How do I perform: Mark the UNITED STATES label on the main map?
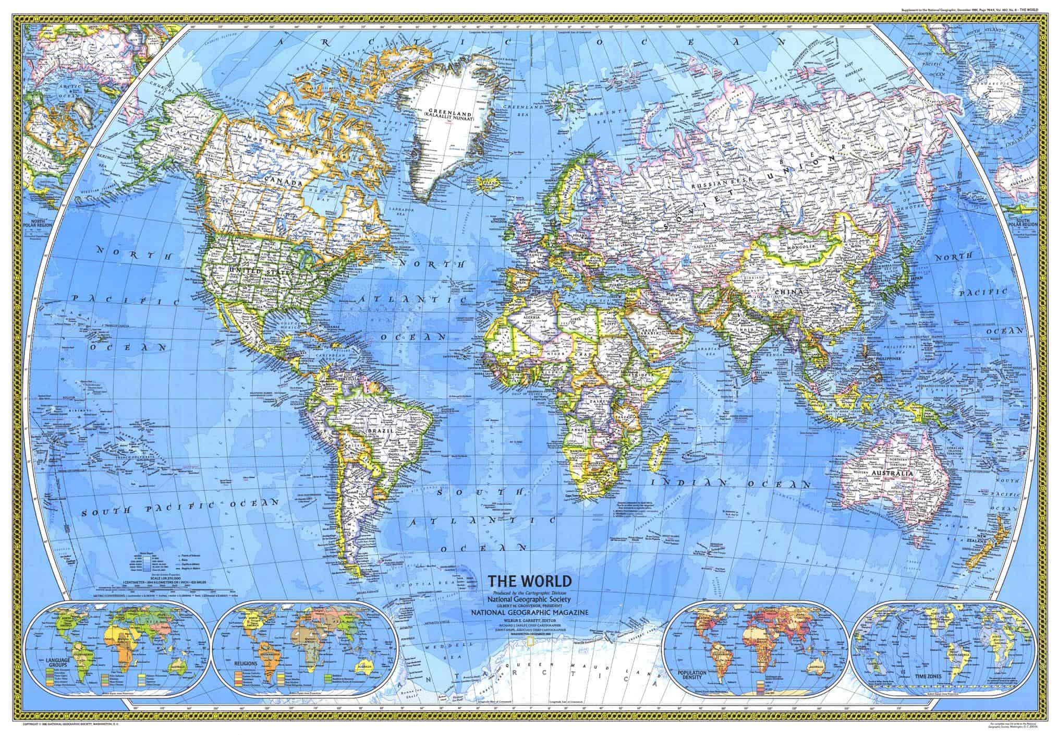pos(254,270)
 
